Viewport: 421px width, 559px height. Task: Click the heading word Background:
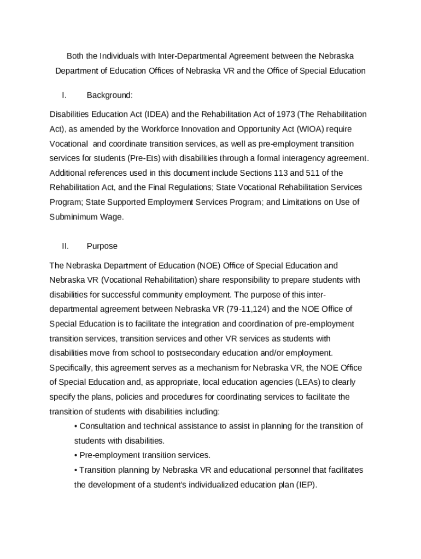(110, 96)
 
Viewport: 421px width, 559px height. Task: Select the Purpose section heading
(102, 246)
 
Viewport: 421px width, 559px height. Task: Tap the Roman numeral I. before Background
(64, 96)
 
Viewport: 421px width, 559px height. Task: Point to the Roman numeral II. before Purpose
(65, 246)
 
